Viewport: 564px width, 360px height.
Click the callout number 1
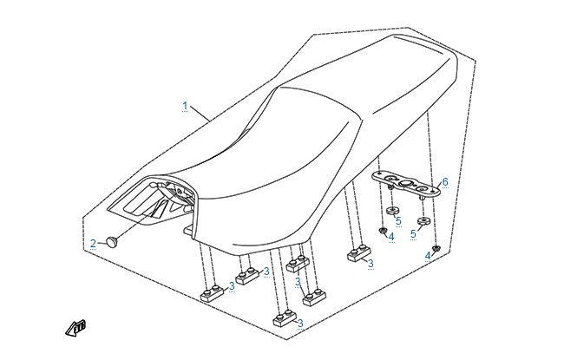click(x=185, y=106)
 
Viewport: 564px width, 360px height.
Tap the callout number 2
click(x=93, y=244)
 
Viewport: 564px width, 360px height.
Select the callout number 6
click(x=445, y=182)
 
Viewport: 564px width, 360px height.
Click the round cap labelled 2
click(x=113, y=242)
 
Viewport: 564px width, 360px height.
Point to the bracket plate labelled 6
click(x=406, y=183)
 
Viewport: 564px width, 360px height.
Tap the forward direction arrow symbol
click(x=75, y=328)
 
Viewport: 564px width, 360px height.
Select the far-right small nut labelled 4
click(x=436, y=248)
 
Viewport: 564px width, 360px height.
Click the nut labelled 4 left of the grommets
click(x=383, y=230)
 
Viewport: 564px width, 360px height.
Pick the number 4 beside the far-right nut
click(x=428, y=256)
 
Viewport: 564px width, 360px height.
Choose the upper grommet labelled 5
click(x=393, y=211)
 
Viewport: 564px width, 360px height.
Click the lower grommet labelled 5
click(x=423, y=220)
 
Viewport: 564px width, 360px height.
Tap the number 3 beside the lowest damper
click(x=300, y=323)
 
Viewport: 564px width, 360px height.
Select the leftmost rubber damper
click(x=212, y=293)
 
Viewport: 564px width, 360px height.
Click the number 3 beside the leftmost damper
click(x=232, y=286)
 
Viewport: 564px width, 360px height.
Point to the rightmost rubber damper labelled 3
click(x=358, y=252)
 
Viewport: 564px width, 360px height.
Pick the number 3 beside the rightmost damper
click(x=371, y=264)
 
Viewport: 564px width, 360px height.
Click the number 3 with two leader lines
click(x=298, y=282)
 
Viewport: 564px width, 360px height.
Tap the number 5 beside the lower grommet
click(x=413, y=234)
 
